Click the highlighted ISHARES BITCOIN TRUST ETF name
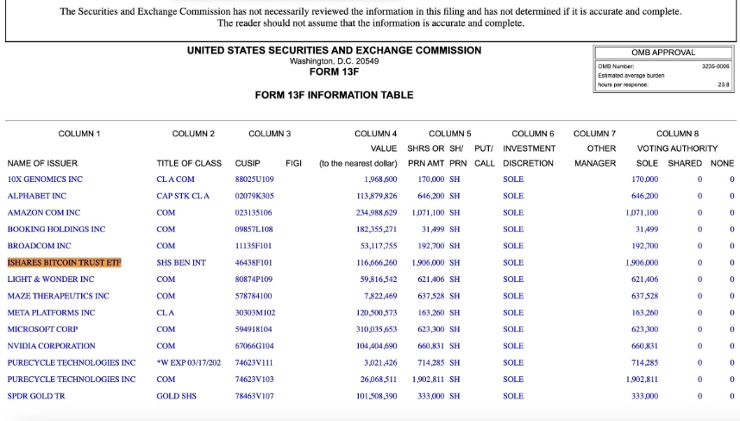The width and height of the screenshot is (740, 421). pos(65,262)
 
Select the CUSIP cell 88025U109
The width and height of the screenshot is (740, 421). pos(254,179)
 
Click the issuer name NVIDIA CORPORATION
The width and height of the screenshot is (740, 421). pos(52,346)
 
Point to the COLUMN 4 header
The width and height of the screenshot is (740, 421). pos(375,134)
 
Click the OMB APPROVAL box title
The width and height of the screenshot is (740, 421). pos(662,53)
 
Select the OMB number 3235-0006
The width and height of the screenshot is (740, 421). pos(715,66)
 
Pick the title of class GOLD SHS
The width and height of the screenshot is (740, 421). pos(176,396)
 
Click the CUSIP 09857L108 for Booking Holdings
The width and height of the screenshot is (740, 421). pos(254,229)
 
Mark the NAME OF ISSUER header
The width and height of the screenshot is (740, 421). pos(42,163)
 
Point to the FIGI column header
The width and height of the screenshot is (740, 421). pos(293,163)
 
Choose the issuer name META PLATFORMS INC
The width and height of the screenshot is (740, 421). pos(51,312)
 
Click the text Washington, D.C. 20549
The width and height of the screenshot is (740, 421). pos(334,61)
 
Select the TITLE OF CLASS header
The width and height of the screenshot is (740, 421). pos(189,163)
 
